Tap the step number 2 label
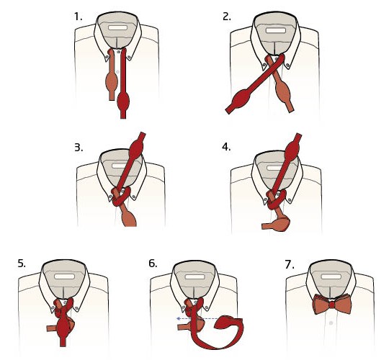point(228,14)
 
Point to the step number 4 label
point(228,147)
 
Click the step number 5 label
point(22,264)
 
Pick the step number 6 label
point(153,264)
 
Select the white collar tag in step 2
point(274,31)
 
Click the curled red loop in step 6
point(231,328)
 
